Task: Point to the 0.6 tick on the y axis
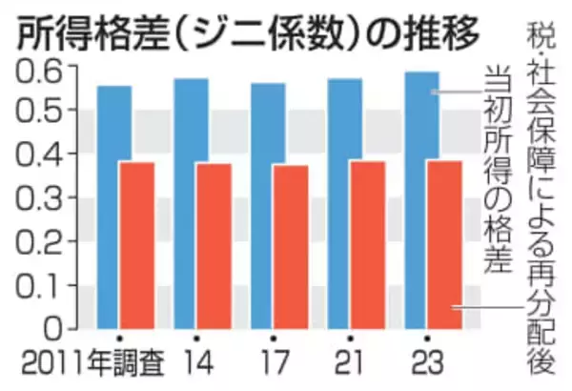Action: pos(35,70)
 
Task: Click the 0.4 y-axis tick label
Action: pos(35,156)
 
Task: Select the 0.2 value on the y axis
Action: pos(35,242)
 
